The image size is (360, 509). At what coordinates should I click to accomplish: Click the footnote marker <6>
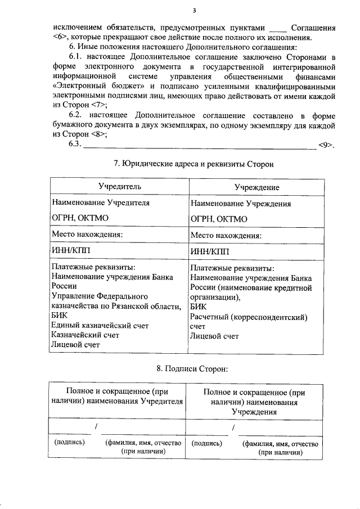(x=62, y=37)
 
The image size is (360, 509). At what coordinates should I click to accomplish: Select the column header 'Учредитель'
(x=119, y=186)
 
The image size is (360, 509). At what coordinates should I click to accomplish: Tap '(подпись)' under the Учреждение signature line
(x=206, y=443)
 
